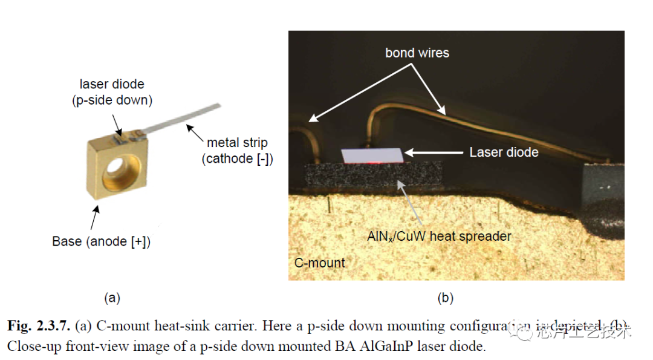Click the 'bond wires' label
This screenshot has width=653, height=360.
[417, 53]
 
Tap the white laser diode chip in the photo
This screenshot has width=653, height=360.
[372, 155]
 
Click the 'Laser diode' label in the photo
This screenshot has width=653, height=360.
[504, 152]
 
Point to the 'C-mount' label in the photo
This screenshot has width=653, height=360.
[319, 263]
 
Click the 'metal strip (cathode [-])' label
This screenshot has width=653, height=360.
[237, 151]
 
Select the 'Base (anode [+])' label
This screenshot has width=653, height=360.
[101, 242]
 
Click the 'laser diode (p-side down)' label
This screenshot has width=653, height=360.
[112, 92]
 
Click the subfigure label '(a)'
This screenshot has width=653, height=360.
[112, 298]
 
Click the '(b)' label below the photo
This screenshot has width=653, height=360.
[446, 298]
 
